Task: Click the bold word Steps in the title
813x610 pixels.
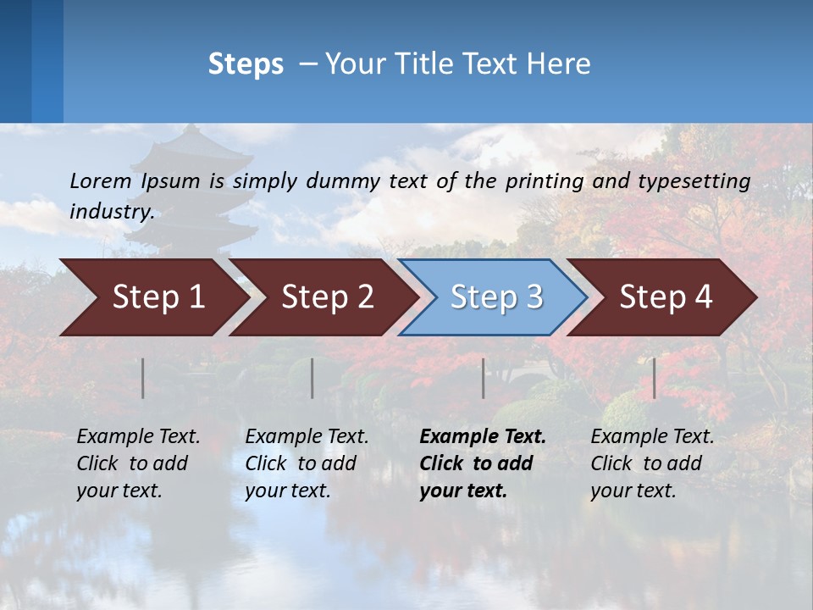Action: point(246,64)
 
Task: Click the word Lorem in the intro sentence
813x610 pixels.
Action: point(100,180)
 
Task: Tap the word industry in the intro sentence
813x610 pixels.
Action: point(111,211)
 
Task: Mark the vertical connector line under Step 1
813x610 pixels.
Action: point(143,378)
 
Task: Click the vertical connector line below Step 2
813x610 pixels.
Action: point(312,378)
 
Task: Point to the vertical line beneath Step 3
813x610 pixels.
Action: point(484,378)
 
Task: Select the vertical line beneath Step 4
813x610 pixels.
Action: point(655,378)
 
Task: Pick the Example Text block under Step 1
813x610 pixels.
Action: point(138,463)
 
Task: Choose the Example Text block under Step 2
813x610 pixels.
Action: point(307,463)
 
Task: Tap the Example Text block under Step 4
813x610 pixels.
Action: point(652,463)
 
